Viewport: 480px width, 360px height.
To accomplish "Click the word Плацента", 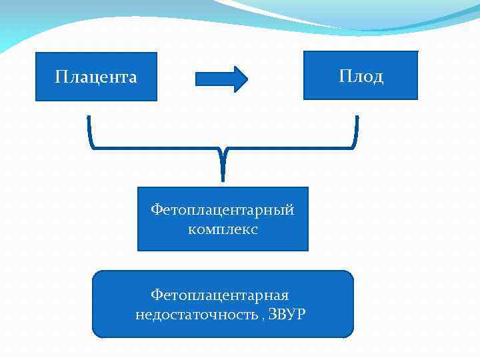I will tap(96, 77).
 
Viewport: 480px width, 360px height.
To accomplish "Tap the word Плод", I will tap(361, 76).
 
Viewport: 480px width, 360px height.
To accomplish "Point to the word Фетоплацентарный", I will tap(222, 211).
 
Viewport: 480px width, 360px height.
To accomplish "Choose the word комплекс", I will tap(223, 229).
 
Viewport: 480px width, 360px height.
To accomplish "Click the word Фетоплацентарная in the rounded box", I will tap(219, 295).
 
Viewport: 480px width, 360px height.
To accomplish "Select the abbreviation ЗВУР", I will tap(287, 314).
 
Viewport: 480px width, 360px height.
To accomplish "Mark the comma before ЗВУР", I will tap(263, 317).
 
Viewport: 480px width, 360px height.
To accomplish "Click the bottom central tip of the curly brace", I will tap(223, 179).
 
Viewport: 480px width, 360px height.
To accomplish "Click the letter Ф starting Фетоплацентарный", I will tap(156, 211).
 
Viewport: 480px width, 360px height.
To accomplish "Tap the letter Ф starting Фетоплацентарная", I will tap(156, 295).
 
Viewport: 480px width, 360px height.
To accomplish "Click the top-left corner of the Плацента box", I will tap(36, 53).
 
